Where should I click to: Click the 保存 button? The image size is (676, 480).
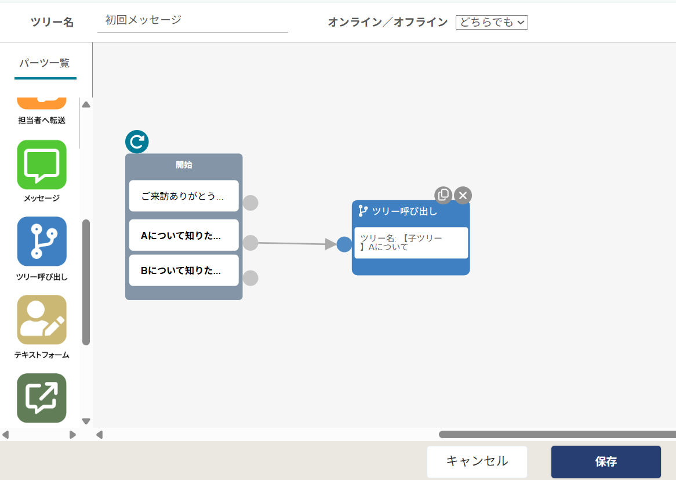coord(606,461)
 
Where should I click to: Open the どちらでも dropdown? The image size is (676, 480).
coord(492,22)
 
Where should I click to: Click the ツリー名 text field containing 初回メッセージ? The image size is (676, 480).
coord(192,20)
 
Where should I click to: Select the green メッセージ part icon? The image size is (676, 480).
coord(42,164)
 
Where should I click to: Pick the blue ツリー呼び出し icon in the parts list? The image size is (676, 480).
coord(42,241)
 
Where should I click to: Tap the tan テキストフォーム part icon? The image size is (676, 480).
coord(42,320)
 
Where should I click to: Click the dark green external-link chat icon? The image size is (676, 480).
coord(42,398)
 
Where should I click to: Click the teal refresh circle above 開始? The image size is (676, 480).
coord(137,142)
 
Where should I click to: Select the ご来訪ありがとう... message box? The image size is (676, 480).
coord(184,196)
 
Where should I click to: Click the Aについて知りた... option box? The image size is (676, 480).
coord(184,235)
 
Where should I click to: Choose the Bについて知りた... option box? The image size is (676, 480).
coord(184,270)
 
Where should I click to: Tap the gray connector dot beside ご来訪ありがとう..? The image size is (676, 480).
coord(250,203)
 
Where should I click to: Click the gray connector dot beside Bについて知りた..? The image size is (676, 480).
coord(250,278)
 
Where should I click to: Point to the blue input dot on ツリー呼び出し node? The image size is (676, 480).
coord(344,244)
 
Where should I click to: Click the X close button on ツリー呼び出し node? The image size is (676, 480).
coord(463,196)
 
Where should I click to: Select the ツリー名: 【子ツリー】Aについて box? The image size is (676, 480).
coord(411,243)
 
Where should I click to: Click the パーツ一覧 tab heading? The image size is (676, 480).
coord(45,63)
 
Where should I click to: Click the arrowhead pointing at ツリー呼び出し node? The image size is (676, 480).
coord(330,244)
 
